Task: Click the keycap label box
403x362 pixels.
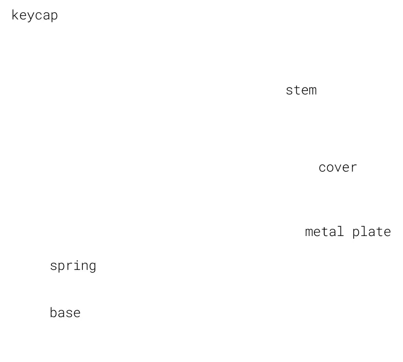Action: click(x=34, y=15)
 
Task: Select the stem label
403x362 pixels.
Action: click(x=301, y=90)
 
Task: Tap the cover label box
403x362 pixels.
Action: click(x=338, y=168)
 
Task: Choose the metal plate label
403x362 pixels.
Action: click(x=348, y=232)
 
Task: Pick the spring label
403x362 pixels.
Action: click(x=73, y=266)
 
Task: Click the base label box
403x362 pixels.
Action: click(x=65, y=313)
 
